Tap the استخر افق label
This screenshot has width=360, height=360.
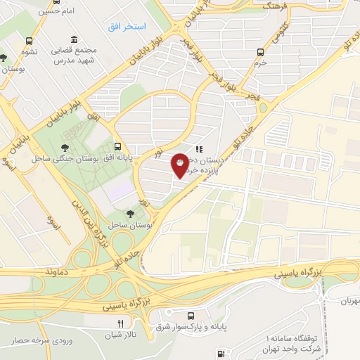click(127, 26)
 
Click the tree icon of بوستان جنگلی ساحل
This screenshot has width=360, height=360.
click(65, 147)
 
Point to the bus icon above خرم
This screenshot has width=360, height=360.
click(261, 51)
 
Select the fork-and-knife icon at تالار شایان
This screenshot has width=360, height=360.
click(120, 323)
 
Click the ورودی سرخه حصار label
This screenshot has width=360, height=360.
click(40, 340)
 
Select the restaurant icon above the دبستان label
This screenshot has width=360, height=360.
click(200, 149)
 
